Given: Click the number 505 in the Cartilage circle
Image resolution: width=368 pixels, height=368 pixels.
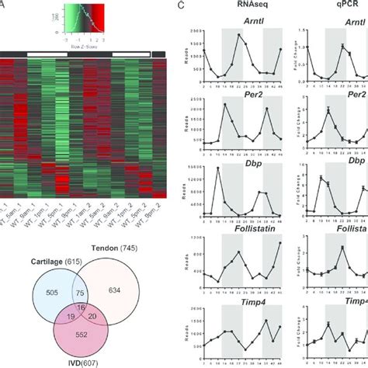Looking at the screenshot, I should point(54,292).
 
